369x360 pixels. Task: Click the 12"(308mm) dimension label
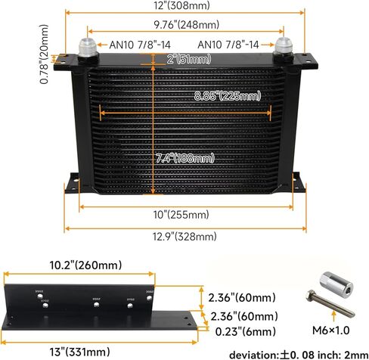tap(181, 5)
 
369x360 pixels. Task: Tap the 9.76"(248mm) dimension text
tap(187, 25)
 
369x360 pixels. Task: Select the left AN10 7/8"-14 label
tap(140, 45)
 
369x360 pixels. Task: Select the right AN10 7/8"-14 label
tap(228, 45)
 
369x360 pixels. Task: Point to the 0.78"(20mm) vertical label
tap(44, 54)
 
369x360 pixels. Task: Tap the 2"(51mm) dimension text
tap(189, 60)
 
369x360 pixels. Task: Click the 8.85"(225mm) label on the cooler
tap(228, 96)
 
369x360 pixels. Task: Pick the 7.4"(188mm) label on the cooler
tap(184, 158)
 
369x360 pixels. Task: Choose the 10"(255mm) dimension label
tap(181, 215)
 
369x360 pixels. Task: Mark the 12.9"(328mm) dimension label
tap(184, 237)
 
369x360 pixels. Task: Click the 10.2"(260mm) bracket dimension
tap(85, 265)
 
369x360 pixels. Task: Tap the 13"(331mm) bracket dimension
tap(79, 352)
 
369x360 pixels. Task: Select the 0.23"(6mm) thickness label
tap(245, 332)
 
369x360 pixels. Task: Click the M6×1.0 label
tap(330, 330)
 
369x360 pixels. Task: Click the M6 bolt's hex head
tap(311, 295)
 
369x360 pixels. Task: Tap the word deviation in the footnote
tap(253, 355)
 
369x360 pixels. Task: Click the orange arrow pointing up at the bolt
tap(334, 316)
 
